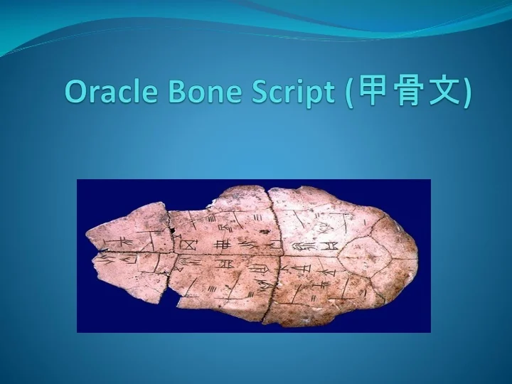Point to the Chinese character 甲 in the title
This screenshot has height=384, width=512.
tap(374, 92)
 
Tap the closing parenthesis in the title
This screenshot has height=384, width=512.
tap(465, 92)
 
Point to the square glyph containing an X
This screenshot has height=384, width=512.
tap(189, 245)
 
